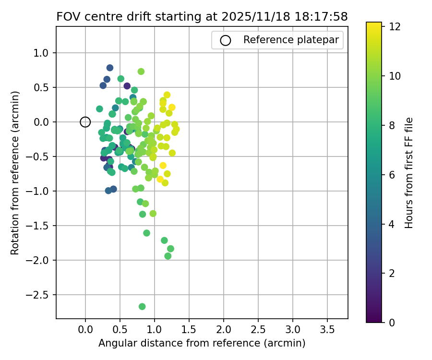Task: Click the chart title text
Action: click(x=202, y=17)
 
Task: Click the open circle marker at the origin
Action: click(x=85, y=122)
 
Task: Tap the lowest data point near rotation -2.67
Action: click(x=142, y=306)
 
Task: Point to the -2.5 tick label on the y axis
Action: click(x=40, y=295)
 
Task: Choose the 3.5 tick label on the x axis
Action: click(x=327, y=330)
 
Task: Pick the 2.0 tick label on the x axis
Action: click(x=224, y=330)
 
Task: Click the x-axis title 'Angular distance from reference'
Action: click(x=202, y=343)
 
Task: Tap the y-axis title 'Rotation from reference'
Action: click(x=15, y=173)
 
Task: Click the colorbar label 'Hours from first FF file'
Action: click(x=409, y=173)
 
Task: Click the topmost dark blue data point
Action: click(x=110, y=68)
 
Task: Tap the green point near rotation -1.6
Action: click(x=146, y=233)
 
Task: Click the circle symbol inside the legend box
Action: click(x=226, y=40)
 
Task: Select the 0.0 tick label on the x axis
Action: click(x=85, y=330)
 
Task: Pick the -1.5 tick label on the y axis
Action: click(x=40, y=226)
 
